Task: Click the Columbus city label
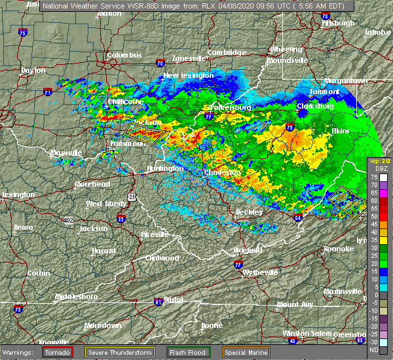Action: [124, 56]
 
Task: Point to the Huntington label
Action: [164, 168]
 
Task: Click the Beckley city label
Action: [249, 213]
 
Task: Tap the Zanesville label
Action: [189, 58]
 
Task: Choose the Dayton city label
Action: [33, 70]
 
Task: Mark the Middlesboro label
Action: [75, 297]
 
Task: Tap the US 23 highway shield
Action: [131, 196]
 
